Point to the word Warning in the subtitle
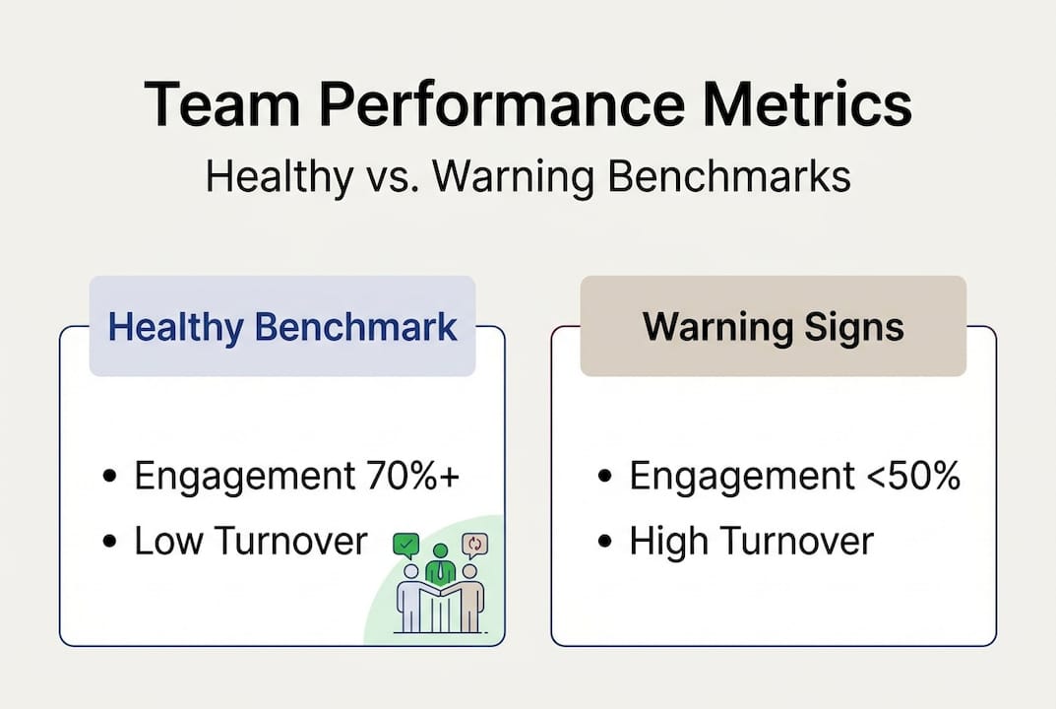point(513,176)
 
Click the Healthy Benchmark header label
point(282,328)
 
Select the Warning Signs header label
point(774,328)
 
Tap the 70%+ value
point(413,476)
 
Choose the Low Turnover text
point(251,541)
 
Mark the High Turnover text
point(752,541)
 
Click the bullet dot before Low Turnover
point(110,542)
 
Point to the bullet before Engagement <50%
point(605,477)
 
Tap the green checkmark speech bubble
point(406,546)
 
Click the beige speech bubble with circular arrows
point(474,546)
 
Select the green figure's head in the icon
point(440,551)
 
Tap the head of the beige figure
point(470,572)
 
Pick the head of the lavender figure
point(410,572)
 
